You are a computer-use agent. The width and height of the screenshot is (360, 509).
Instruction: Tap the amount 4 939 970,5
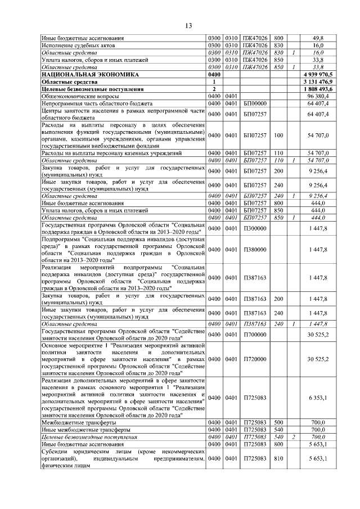coord(318,74)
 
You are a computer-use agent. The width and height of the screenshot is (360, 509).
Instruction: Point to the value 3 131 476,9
coord(318,82)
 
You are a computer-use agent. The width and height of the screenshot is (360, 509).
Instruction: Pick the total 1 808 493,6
coord(318,89)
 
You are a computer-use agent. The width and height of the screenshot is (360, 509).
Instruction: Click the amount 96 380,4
coord(318,96)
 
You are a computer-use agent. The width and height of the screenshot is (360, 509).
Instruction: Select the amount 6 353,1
coord(318,398)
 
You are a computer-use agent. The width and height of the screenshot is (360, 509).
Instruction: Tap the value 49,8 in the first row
coord(318,38)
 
